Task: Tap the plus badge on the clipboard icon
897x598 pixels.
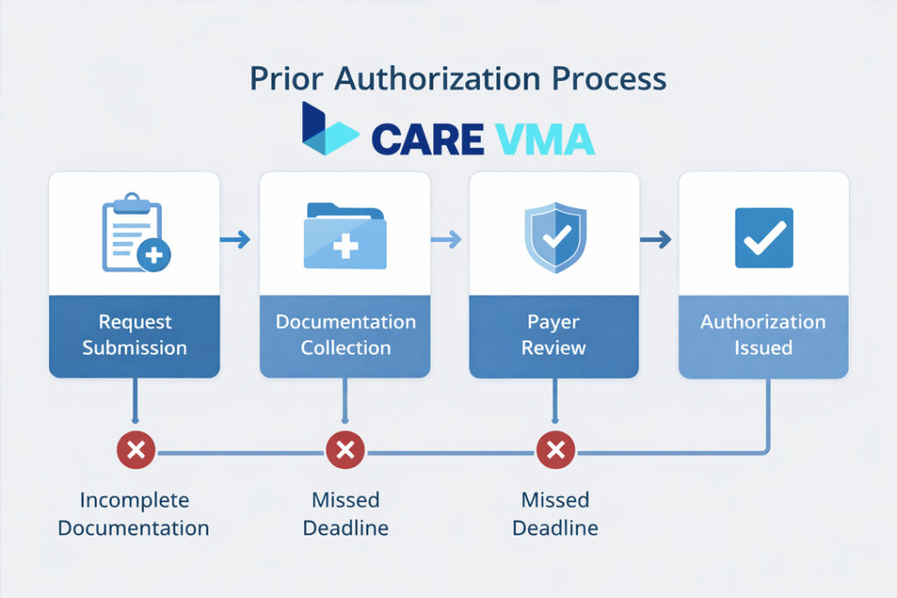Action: pos(154,255)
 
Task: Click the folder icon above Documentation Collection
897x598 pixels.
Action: pos(345,236)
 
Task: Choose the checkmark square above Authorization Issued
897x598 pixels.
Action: pos(763,237)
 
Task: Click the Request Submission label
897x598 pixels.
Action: pos(135,334)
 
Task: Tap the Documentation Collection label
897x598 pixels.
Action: pos(345,334)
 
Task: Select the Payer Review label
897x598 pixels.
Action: pos(554,334)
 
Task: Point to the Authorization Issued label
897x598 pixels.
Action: pos(763,334)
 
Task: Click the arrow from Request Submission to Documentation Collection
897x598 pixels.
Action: pos(235,239)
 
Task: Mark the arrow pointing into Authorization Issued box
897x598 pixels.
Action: pos(655,239)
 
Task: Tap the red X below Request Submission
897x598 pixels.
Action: pos(136,452)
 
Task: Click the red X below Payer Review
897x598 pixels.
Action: pos(554,452)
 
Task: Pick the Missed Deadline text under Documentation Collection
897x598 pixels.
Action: pos(345,514)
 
